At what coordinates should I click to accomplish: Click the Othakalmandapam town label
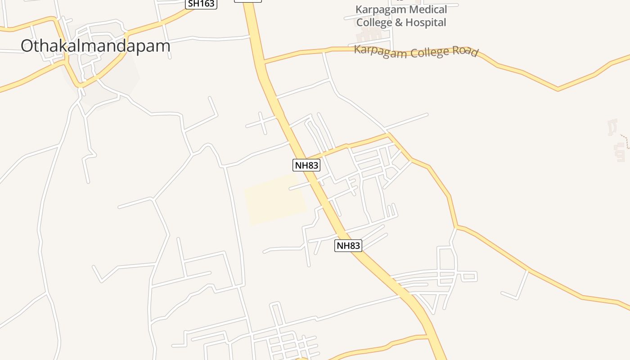(95, 46)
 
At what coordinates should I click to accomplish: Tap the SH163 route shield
(202, 4)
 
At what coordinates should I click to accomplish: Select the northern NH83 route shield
(306, 165)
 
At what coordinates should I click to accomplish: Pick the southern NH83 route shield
(348, 246)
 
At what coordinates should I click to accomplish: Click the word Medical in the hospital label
(424, 9)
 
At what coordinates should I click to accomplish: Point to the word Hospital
(425, 22)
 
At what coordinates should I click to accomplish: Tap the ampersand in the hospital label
(398, 22)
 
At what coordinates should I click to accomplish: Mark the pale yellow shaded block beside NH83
(275, 199)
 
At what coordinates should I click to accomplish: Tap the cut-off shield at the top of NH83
(247, 1)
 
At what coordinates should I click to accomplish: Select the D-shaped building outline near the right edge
(613, 126)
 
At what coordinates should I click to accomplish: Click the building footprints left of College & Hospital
(369, 34)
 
